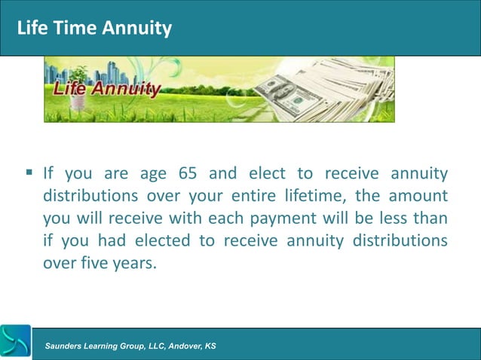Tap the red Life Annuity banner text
click(106, 90)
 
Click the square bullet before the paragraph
click(29, 174)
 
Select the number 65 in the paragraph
click(188, 174)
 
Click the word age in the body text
click(154, 174)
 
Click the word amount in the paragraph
click(419, 196)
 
